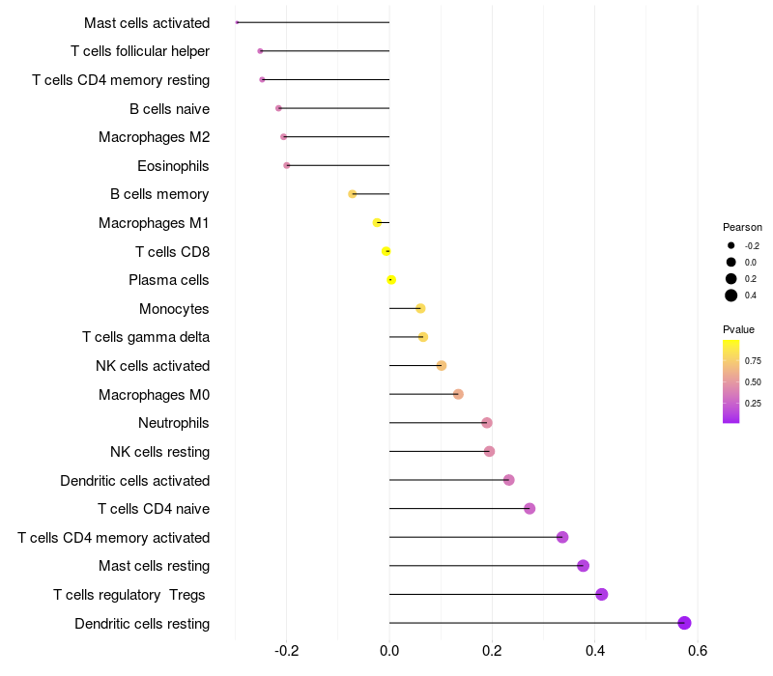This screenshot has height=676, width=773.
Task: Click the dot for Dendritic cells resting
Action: [x=684, y=623]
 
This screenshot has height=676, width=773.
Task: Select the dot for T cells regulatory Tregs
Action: [x=602, y=594]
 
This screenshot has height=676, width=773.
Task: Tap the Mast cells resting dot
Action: [x=583, y=566]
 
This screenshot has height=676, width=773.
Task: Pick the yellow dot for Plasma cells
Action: [x=391, y=280]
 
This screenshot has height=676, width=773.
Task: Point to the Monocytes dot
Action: [x=420, y=308]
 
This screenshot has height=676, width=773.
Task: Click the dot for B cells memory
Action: [x=353, y=194]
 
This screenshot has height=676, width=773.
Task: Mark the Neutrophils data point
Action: [x=487, y=423]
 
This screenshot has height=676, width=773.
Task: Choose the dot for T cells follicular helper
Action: [x=260, y=51]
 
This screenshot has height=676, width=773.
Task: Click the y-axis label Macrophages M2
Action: [x=154, y=137]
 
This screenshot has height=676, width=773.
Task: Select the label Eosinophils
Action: [x=173, y=166]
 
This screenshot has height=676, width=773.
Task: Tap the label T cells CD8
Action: [x=172, y=252]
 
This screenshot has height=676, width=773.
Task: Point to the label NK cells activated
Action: [x=153, y=366]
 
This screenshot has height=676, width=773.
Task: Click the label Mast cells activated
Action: [x=147, y=22]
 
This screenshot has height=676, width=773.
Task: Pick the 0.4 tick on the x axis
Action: [x=594, y=650]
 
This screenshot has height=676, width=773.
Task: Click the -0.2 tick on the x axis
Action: [x=287, y=650]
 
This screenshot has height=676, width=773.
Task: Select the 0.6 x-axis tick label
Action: [x=697, y=650]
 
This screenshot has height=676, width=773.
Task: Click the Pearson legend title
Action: [x=742, y=227]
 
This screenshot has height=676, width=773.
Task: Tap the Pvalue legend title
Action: [x=739, y=330]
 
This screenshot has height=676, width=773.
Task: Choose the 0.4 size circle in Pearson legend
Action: [x=731, y=296]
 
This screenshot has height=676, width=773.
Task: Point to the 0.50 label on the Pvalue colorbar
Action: [x=754, y=382]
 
